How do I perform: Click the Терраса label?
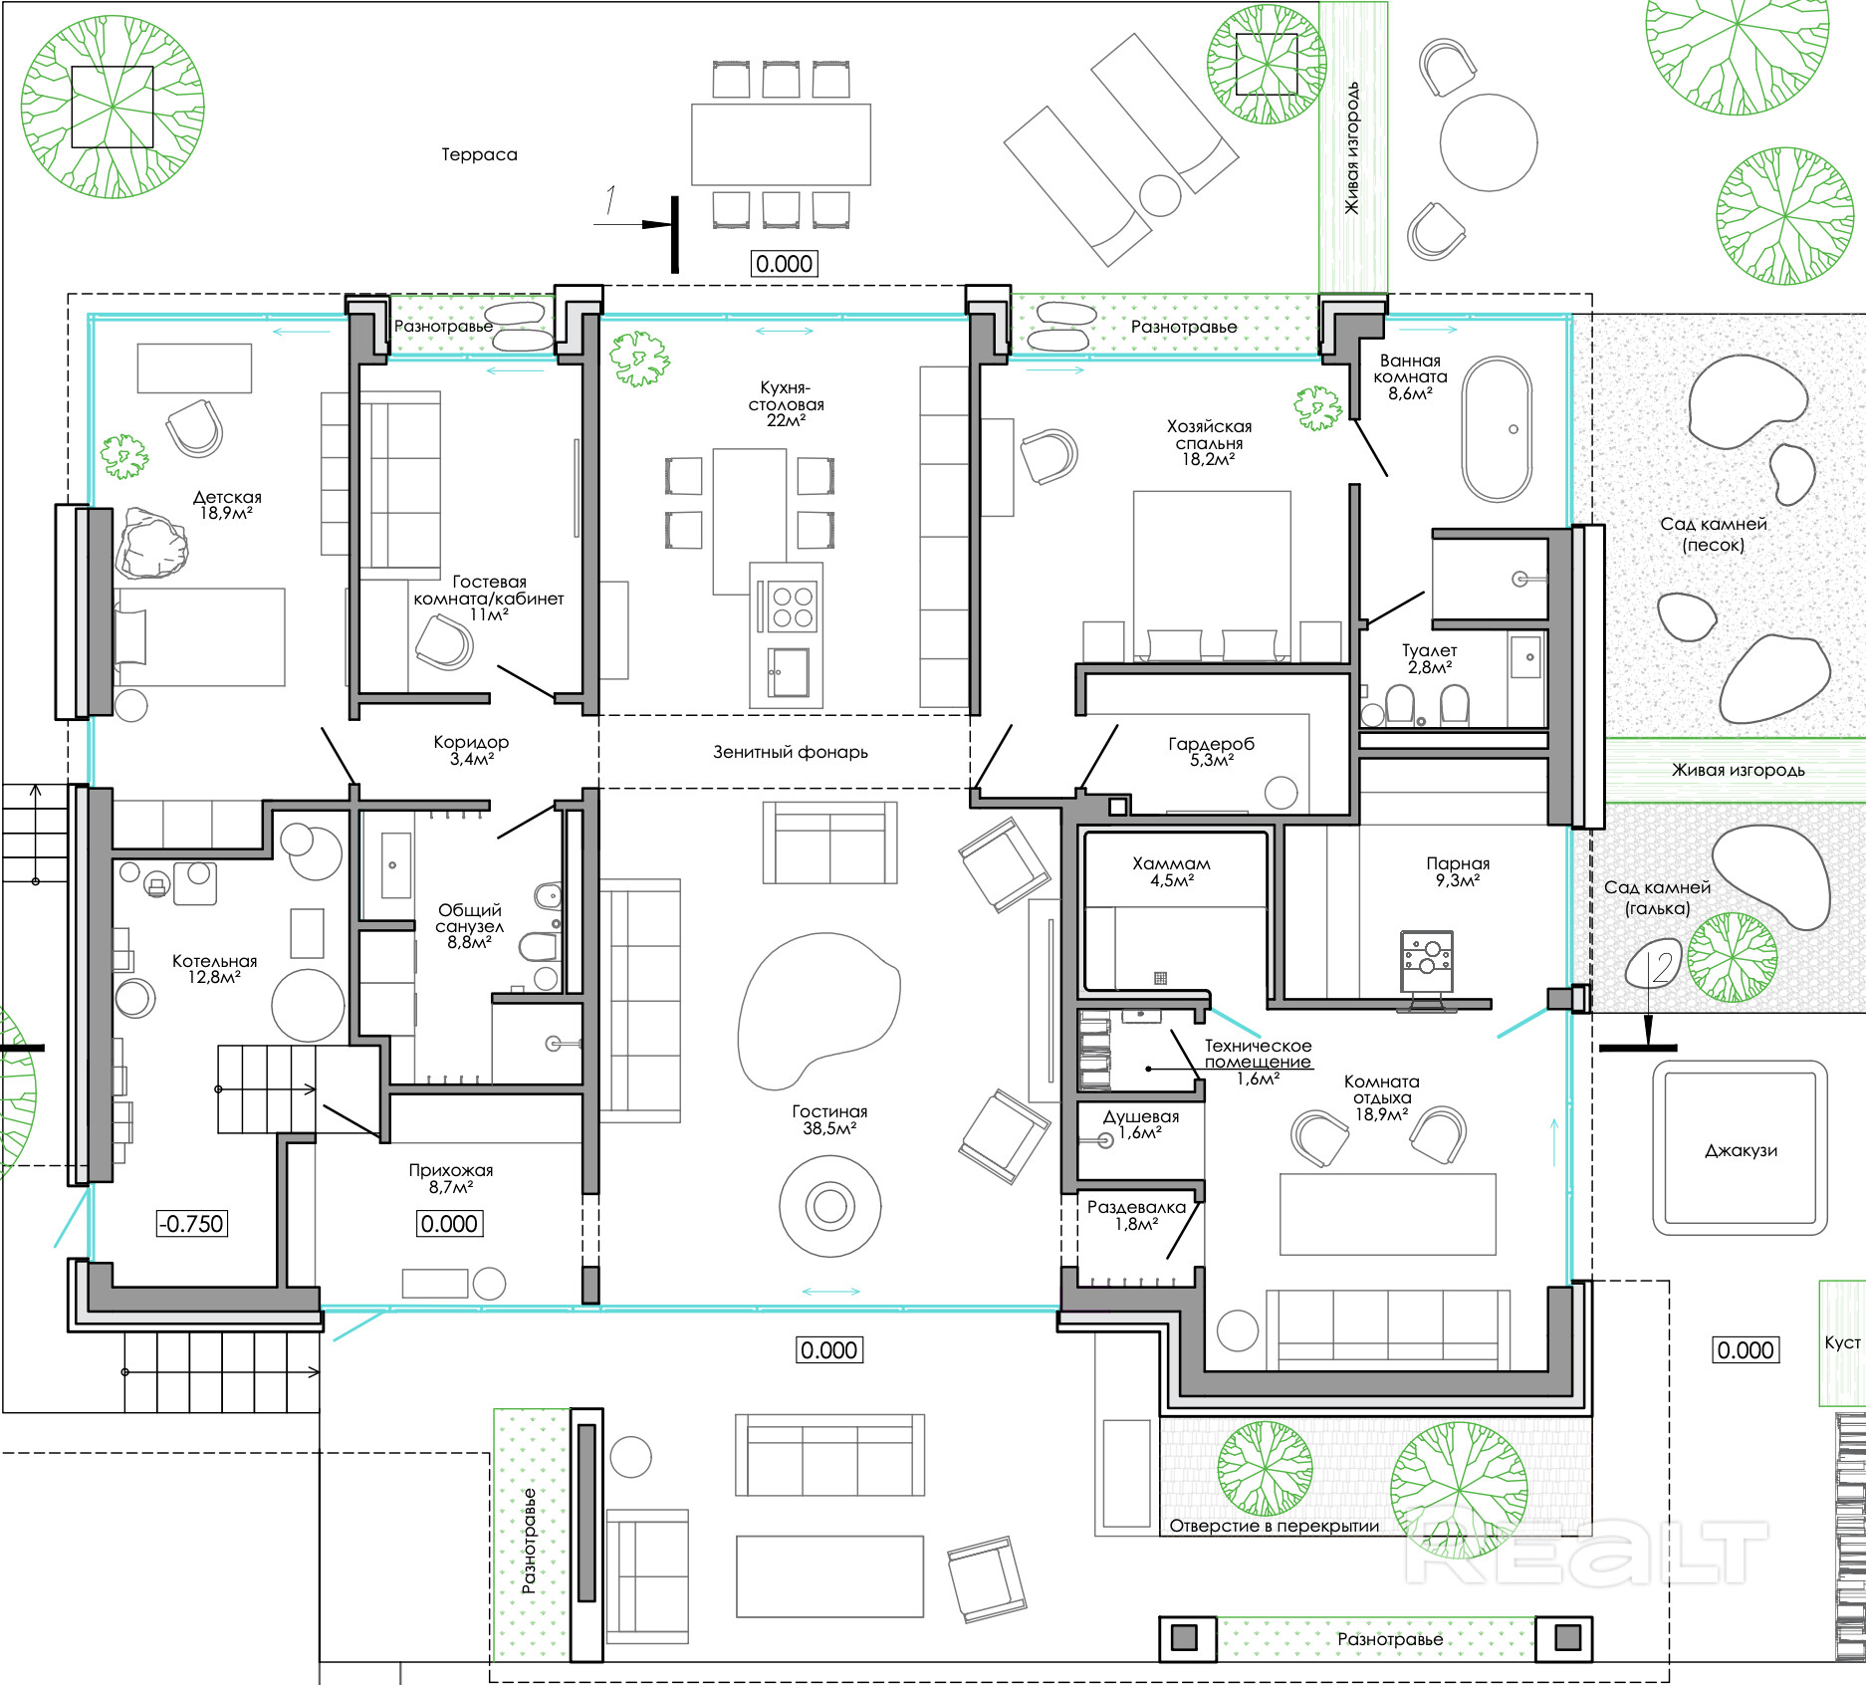pyautogui.click(x=479, y=154)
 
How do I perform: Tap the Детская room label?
pyautogui.click(x=227, y=505)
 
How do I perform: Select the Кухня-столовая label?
pyautogui.click(x=787, y=403)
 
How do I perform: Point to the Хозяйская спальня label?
pyautogui.click(x=1209, y=442)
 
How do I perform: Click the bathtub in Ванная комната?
pyautogui.click(x=1496, y=428)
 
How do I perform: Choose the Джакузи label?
pyautogui.click(x=1741, y=1151)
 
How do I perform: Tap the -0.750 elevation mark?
pyautogui.click(x=192, y=1223)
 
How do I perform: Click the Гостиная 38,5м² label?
pyautogui.click(x=829, y=1119)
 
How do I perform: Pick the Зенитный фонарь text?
pyautogui.click(x=791, y=752)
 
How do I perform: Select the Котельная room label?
pyautogui.click(x=214, y=969)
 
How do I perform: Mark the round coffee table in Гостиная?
pyautogui.click(x=829, y=1207)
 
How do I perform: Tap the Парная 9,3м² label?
pyautogui.click(x=1458, y=871)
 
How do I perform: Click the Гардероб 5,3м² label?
pyautogui.click(x=1211, y=752)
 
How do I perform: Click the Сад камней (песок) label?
pyautogui.click(x=1713, y=534)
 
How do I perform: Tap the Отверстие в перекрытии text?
pyautogui.click(x=1274, y=1526)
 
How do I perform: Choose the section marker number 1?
pyautogui.click(x=610, y=201)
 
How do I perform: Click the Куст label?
pyautogui.click(x=1842, y=1342)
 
